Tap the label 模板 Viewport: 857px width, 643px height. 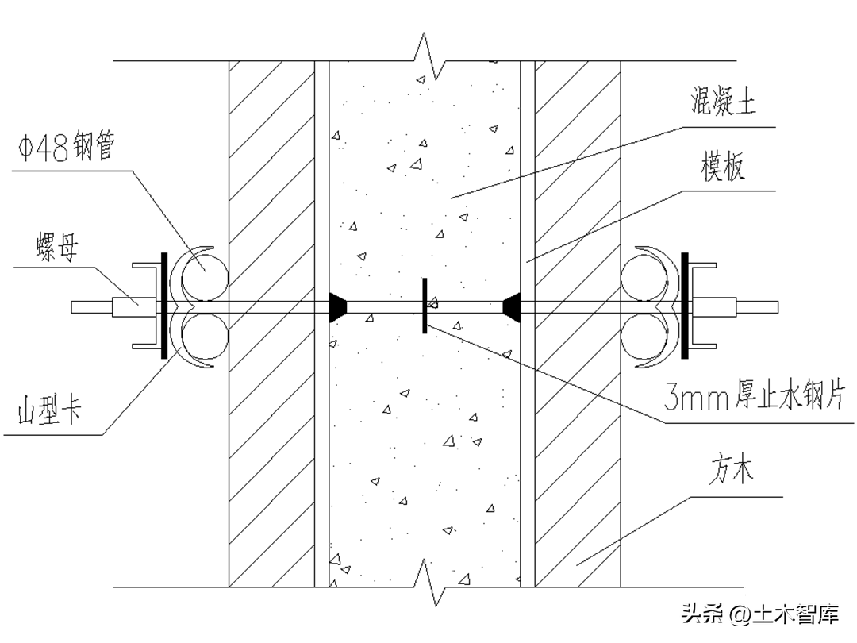pos(723,167)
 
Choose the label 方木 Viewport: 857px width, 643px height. pos(730,474)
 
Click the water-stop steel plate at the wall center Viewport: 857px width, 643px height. pos(425,306)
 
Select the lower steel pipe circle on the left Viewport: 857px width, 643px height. pos(206,337)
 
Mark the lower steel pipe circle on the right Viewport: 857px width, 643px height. pos(645,337)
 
